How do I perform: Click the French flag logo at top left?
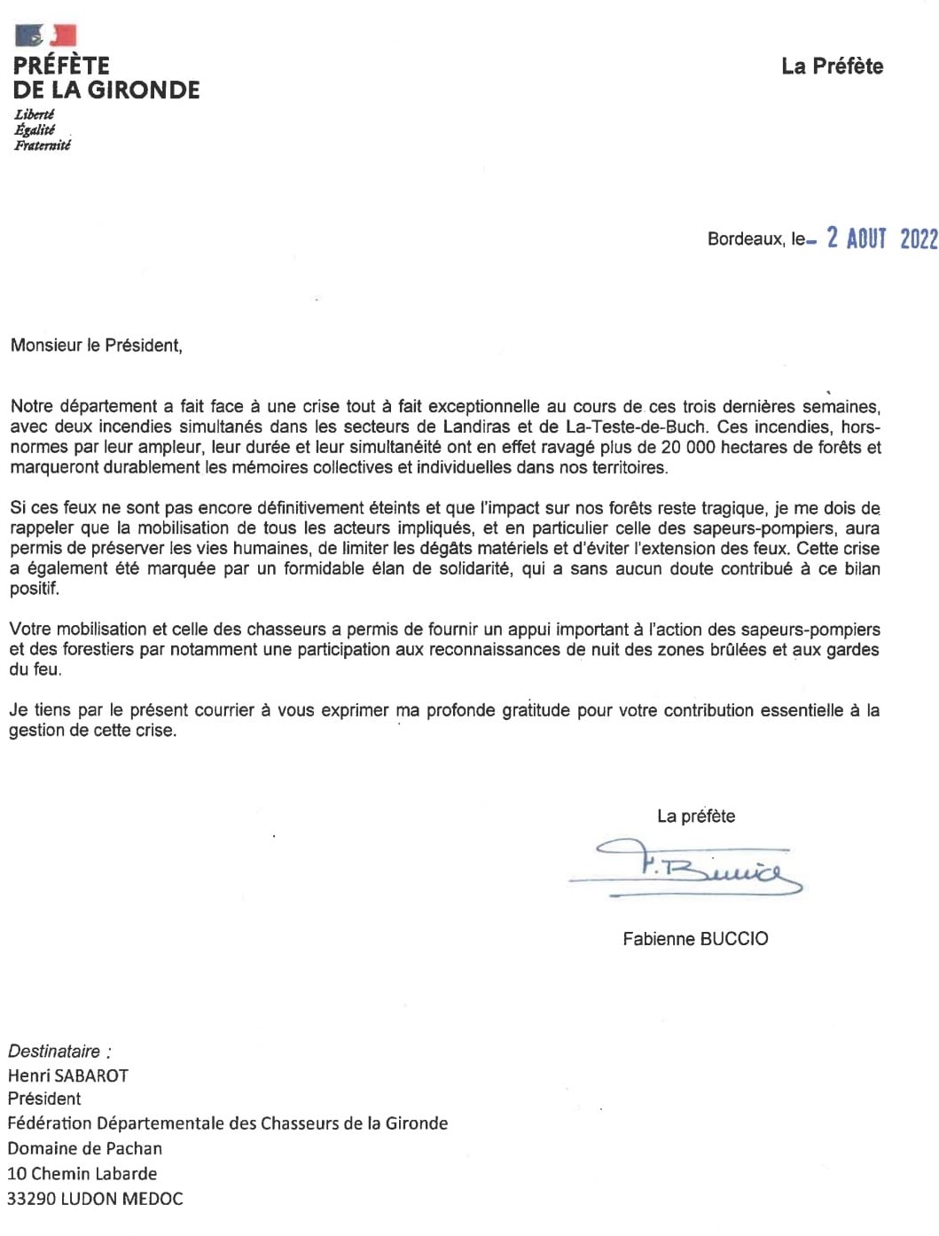(x=46, y=35)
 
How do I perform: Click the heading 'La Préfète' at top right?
(x=832, y=66)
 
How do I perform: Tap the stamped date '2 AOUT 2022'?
(x=881, y=238)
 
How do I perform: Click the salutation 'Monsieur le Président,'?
(x=97, y=346)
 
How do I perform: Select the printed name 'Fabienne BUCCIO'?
(x=695, y=938)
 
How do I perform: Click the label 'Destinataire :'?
(x=59, y=1052)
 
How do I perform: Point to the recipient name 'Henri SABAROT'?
(x=68, y=1076)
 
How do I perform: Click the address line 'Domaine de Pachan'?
(x=85, y=1148)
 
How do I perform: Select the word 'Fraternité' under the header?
(x=43, y=145)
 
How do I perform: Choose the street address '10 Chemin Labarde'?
(x=82, y=1173)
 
